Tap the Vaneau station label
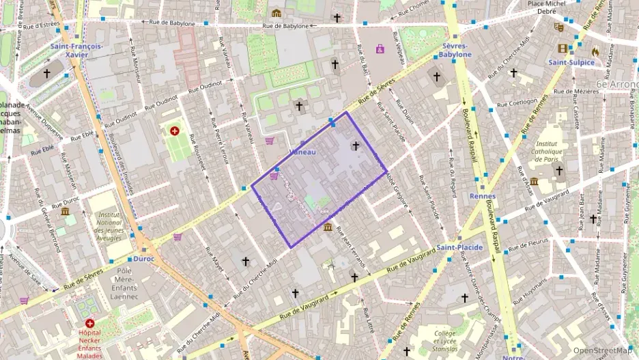pos(302,152)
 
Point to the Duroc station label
pos(143,259)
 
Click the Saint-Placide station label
pos(459,247)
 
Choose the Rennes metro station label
pos(483,197)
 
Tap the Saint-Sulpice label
pos(571,63)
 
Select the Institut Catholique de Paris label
pos(552,152)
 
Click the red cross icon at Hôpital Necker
pos(89,323)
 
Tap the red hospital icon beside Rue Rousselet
pos(175,130)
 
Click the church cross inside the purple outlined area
pos(355,146)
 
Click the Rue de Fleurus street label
pos(528,241)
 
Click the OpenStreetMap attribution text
pos(602,350)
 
